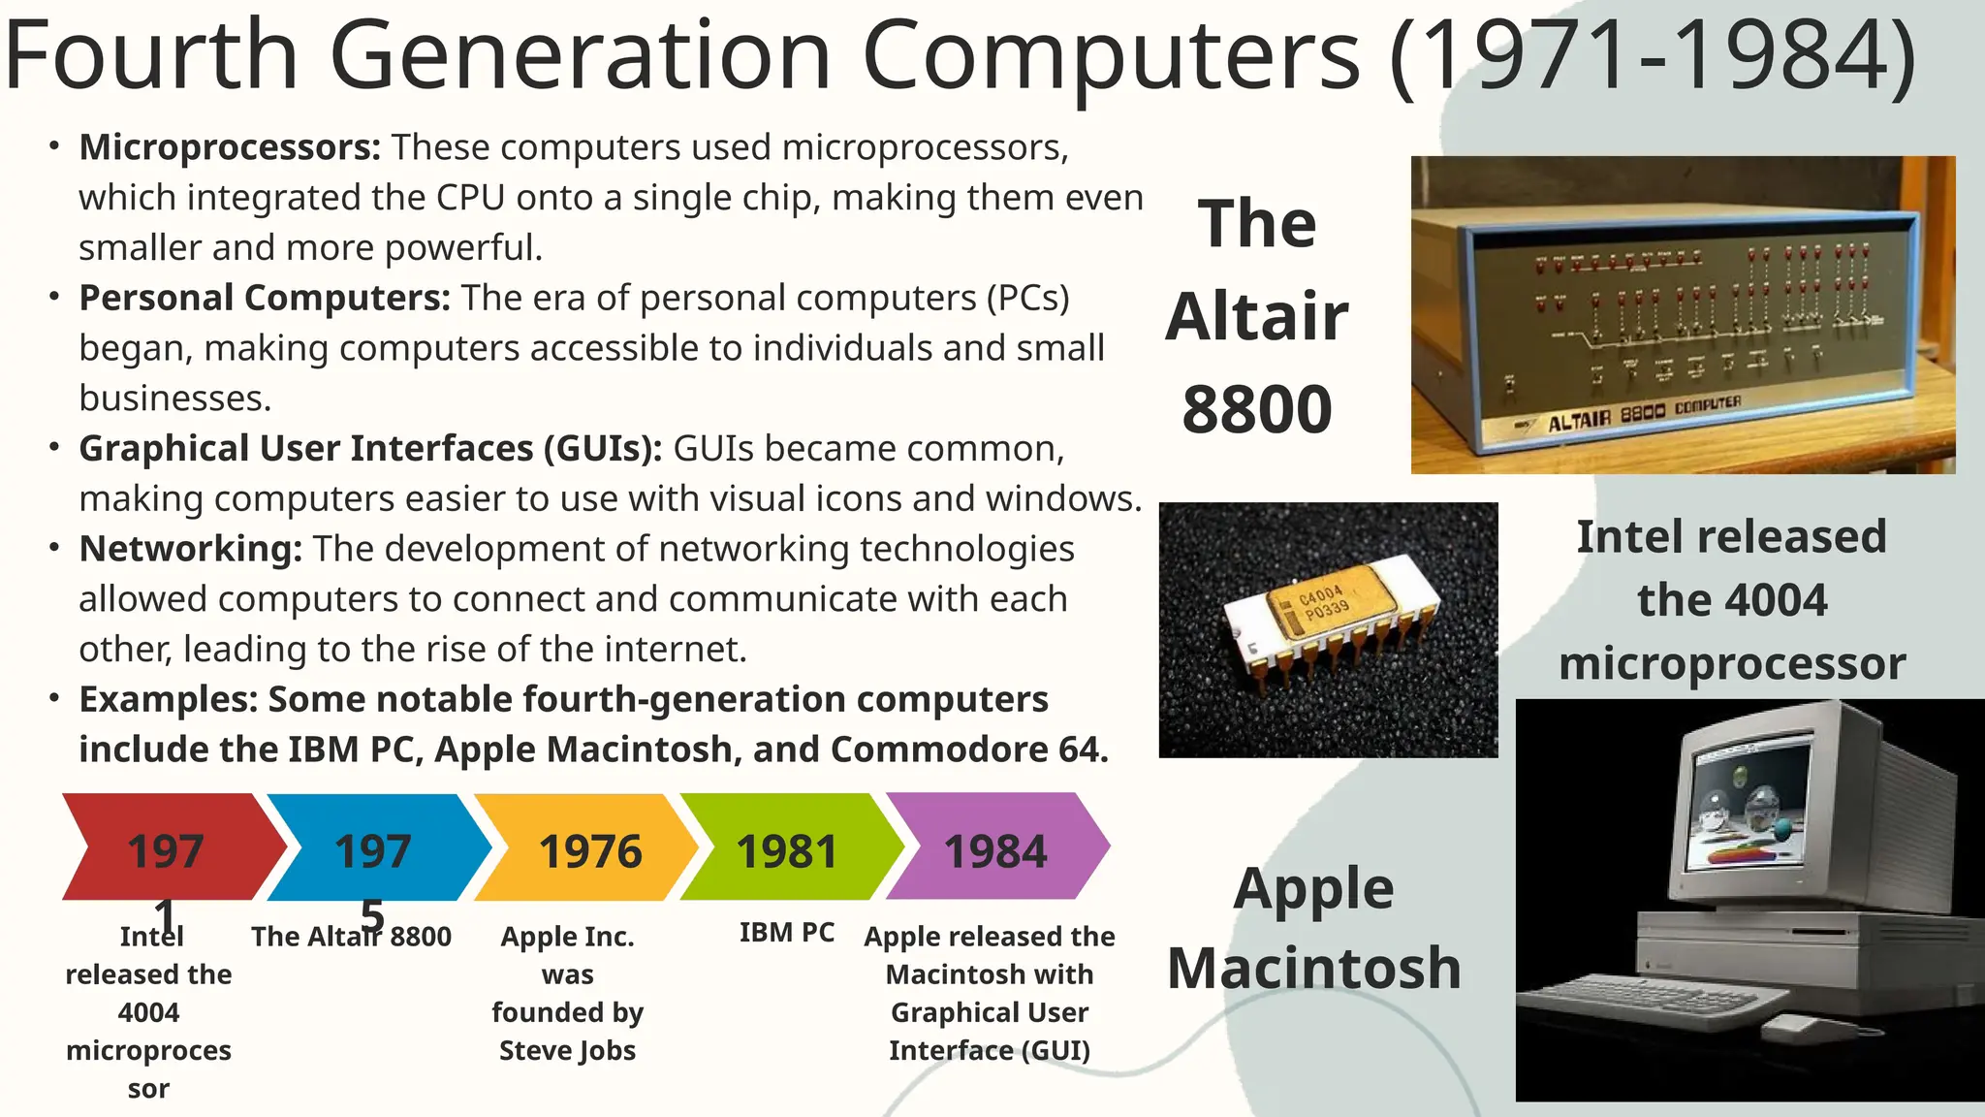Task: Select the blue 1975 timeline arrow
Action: (374, 848)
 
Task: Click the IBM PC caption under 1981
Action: (786, 933)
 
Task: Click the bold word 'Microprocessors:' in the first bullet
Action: (230, 147)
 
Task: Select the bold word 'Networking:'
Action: (191, 549)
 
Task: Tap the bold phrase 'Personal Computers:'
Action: (265, 298)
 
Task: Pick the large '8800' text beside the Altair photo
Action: (1257, 409)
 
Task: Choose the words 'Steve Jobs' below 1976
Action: (567, 1051)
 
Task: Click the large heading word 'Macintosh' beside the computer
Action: (1314, 968)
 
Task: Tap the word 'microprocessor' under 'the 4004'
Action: (1732, 663)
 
